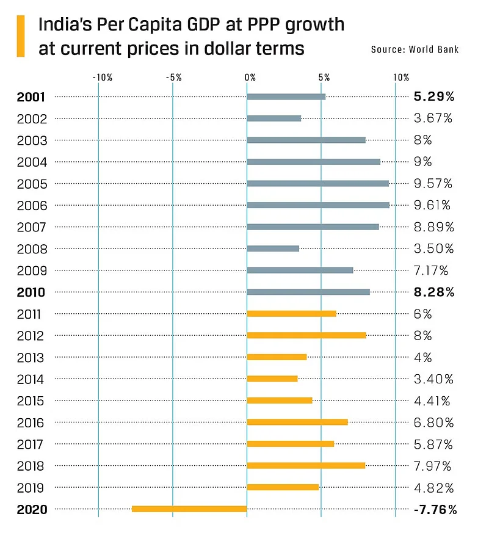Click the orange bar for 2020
(x=189, y=509)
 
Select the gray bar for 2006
(x=318, y=205)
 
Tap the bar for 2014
(x=272, y=378)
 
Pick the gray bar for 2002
(x=274, y=118)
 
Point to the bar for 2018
(x=306, y=466)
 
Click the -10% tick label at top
(x=102, y=78)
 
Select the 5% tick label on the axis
(x=324, y=78)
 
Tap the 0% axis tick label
(x=250, y=78)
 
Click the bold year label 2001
(x=32, y=96)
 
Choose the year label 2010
(x=32, y=292)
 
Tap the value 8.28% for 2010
(x=434, y=292)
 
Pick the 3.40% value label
(x=433, y=379)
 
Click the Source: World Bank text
(x=415, y=49)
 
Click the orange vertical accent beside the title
(x=21, y=36)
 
